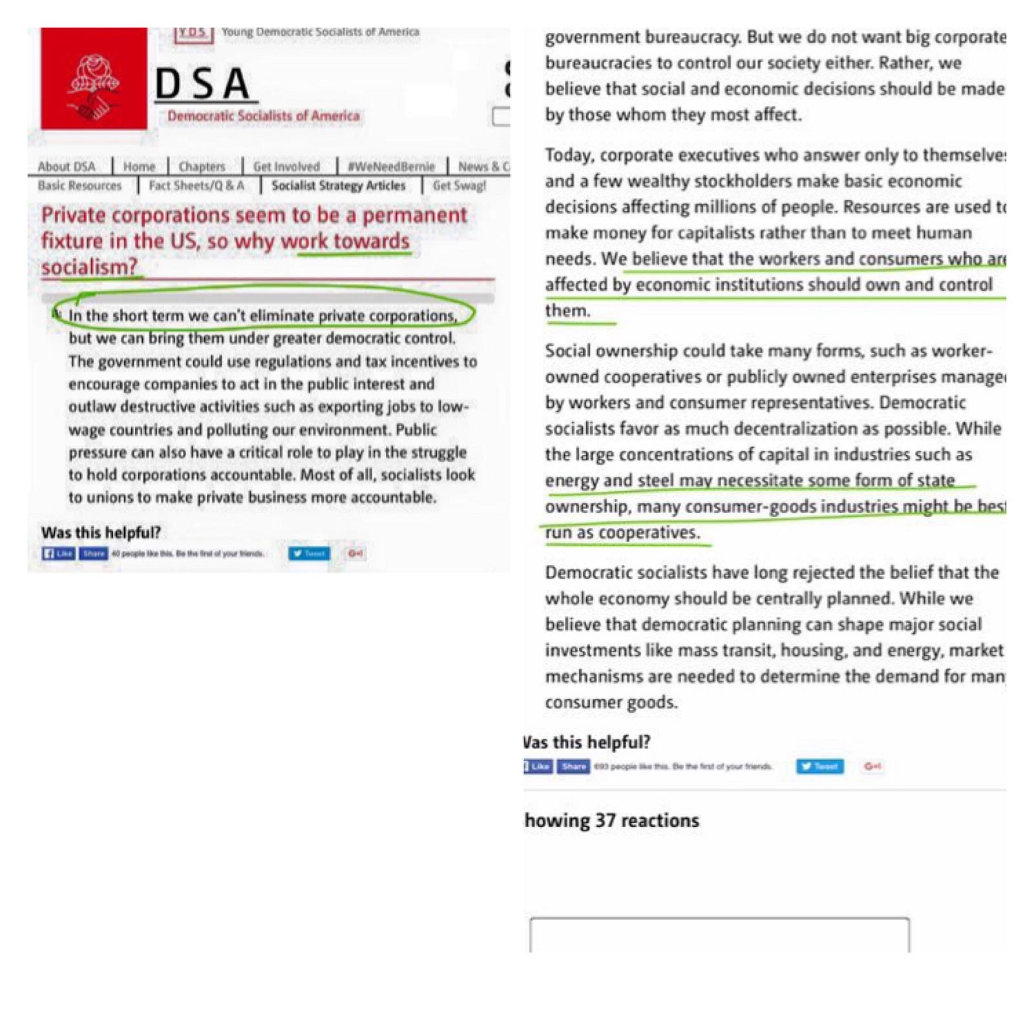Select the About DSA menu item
[x=67, y=167]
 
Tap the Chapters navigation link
[x=202, y=167]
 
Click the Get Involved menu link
[x=286, y=167]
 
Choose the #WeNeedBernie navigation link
[x=391, y=167]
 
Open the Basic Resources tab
[x=79, y=186]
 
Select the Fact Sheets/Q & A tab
[x=196, y=186]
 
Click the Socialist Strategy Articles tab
[x=339, y=186]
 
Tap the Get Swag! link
[x=459, y=186]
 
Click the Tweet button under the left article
[x=309, y=554]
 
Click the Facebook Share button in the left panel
[x=94, y=554]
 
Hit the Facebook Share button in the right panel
[x=573, y=766]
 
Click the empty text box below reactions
[x=719, y=934]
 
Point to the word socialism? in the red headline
[x=89, y=267]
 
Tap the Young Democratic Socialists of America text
[x=320, y=32]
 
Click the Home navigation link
[x=139, y=167]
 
